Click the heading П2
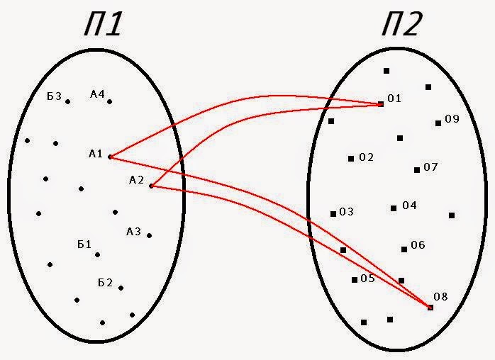pos(401,26)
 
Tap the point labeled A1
pos(110,157)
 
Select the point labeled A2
pos(151,186)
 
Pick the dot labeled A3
pos(149,235)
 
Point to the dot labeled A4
pos(109,101)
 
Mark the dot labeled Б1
pos(97,254)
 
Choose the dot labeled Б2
pos(121,288)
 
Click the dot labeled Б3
pos(68,101)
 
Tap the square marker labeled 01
pos(381,104)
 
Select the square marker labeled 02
pos(351,158)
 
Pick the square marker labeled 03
pos(333,213)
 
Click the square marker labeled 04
pos(394,208)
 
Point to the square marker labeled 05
pos(355,280)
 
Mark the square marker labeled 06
pos(404,249)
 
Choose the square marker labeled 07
pos(417,169)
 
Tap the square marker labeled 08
pos(430,307)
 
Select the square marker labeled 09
pos(438,123)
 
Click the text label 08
pos(440,296)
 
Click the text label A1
pos(96,153)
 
